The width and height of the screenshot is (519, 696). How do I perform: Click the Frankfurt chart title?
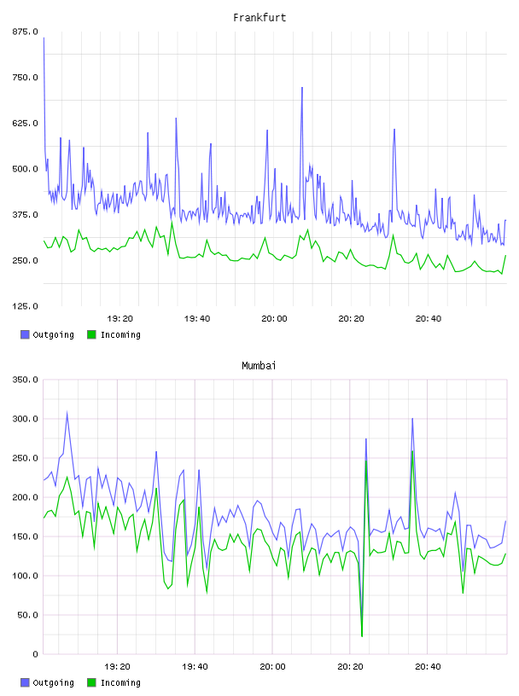click(259, 18)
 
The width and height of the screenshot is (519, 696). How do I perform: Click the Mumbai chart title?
click(259, 366)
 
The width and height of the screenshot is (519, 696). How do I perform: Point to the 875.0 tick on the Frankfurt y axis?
click(25, 32)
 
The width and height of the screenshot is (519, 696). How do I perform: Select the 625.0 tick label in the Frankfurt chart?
click(25, 123)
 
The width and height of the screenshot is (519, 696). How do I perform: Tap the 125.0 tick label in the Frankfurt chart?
click(25, 306)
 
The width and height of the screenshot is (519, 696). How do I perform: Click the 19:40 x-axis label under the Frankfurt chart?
click(197, 318)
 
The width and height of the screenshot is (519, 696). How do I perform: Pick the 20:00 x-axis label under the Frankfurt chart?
click(274, 318)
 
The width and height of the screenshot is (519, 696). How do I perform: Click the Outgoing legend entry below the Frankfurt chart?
click(47, 334)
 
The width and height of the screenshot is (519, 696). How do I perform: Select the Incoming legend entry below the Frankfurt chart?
click(114, 334)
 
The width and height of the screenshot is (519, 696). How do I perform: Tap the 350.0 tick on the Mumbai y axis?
click(25, 380)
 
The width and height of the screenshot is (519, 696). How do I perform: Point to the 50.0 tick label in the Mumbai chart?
click(27, 615)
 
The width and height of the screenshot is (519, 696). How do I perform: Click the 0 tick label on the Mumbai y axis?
click(35, 654)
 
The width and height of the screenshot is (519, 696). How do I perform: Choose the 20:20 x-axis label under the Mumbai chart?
click(350, 666)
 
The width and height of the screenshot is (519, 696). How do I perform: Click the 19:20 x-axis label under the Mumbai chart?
click(117, 666)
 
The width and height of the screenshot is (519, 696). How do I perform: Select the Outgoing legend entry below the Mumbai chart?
click(47, 682)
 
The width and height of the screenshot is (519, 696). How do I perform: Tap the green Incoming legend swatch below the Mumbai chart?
click(91, 682)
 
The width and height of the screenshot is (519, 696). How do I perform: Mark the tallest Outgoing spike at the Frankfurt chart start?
click(44, 38)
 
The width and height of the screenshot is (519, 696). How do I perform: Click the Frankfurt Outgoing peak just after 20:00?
click(302, 88)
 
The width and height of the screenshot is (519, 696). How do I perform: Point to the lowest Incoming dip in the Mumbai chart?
click(362, 636)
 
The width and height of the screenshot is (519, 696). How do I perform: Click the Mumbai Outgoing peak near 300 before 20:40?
click(412, 419)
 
